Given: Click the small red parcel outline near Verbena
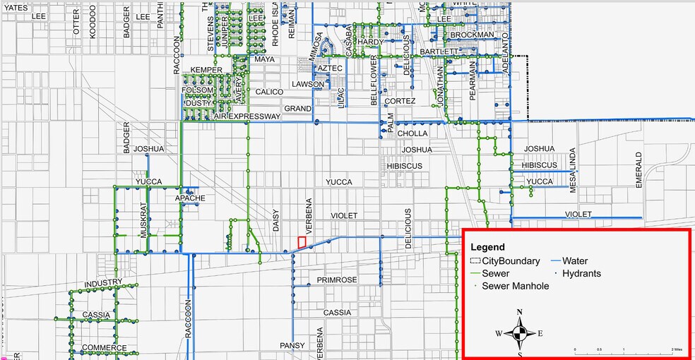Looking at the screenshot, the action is pyautogui.click(x=302, y=242).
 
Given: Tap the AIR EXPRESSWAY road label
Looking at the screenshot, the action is pyautogui.click(x=246, y=116).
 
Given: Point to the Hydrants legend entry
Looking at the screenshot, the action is pyautogui.click(x=576, y=273).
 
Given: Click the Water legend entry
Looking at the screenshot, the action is pyautogui.click(x=574, y=261).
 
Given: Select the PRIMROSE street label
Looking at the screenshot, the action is pyautogui.click(x=337, y=280).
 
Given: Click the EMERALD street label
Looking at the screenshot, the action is pyautogui.click(x=639, y=169).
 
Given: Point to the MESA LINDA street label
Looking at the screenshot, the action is pyautogui.click(x=574, y=170).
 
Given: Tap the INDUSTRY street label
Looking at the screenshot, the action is pyautogui.click(x=103, y=284).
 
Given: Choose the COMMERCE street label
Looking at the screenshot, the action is pyautogui.click(x=104, y=348).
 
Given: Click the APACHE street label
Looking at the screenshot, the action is pyautogui.click(x=190, y=198).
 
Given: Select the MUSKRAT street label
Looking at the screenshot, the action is pyautogui.click(x=143, y=219).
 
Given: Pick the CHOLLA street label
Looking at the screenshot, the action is pyautogui.click(x=412, y=133).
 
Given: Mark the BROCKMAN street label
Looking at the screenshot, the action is pyautogui.click(x=472, y=35).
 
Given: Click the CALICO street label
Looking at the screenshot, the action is pyautogui.click(x=269, y=92).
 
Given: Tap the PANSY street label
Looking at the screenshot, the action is pyautogui.click(x=292, y=345).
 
